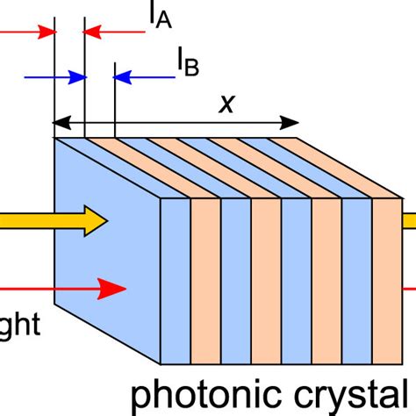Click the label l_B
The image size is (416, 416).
(x=186, y=62)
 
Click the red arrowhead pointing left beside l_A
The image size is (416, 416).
(x=91, y=32)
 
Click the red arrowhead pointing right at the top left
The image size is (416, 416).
(x=46, y=32)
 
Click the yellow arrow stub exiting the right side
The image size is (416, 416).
(x=409, y=222)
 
